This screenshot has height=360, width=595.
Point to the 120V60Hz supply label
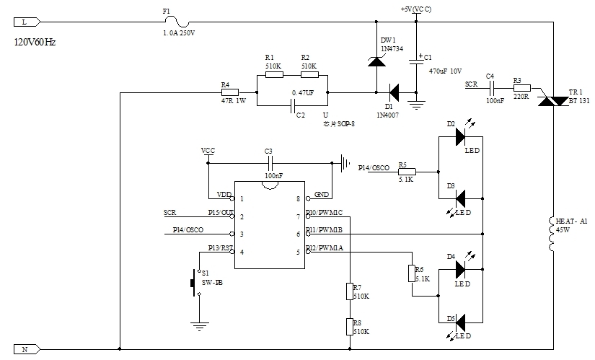coord(35,43)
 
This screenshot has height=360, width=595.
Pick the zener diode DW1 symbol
coord(376,61)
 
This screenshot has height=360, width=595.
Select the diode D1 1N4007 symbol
coord(394,92)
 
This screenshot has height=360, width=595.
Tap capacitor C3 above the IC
coord(270,163)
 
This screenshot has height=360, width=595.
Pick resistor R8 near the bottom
coord(349,327)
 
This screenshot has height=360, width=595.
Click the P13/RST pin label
coord(219,248)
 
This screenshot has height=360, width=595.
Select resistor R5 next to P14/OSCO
coord(404,172)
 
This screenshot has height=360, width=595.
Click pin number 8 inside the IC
coord(297,198)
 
